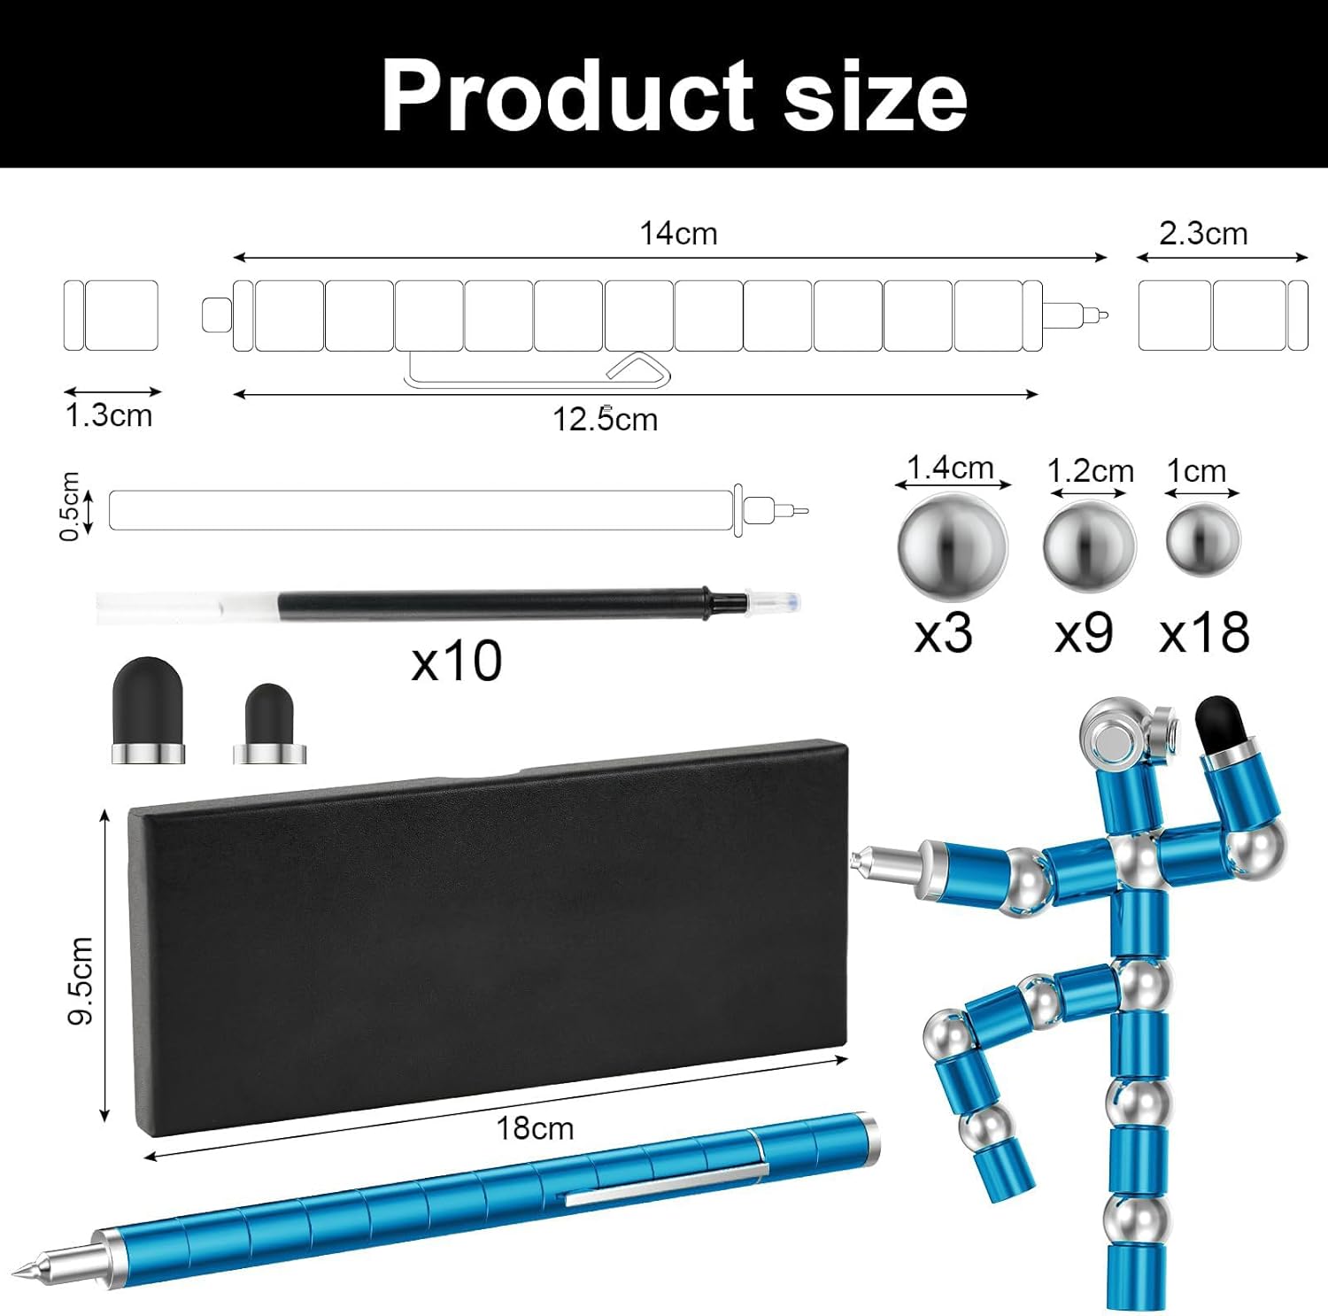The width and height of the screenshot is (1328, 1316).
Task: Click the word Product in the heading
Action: [x=568, y=95]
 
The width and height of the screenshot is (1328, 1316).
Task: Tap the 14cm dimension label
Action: [x=678, y=234]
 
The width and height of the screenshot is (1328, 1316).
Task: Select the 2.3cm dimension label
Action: [x=1203, y=234]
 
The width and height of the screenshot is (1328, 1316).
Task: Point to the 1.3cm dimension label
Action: [x=109, y=415]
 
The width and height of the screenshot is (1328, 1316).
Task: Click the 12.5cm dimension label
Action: [x=606, y=419]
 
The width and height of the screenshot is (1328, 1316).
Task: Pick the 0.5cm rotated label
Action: [x=70, y=507]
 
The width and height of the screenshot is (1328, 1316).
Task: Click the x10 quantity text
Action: [x=457, y=661]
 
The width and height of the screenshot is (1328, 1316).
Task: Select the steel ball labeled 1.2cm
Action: [x=1089, y=542]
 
